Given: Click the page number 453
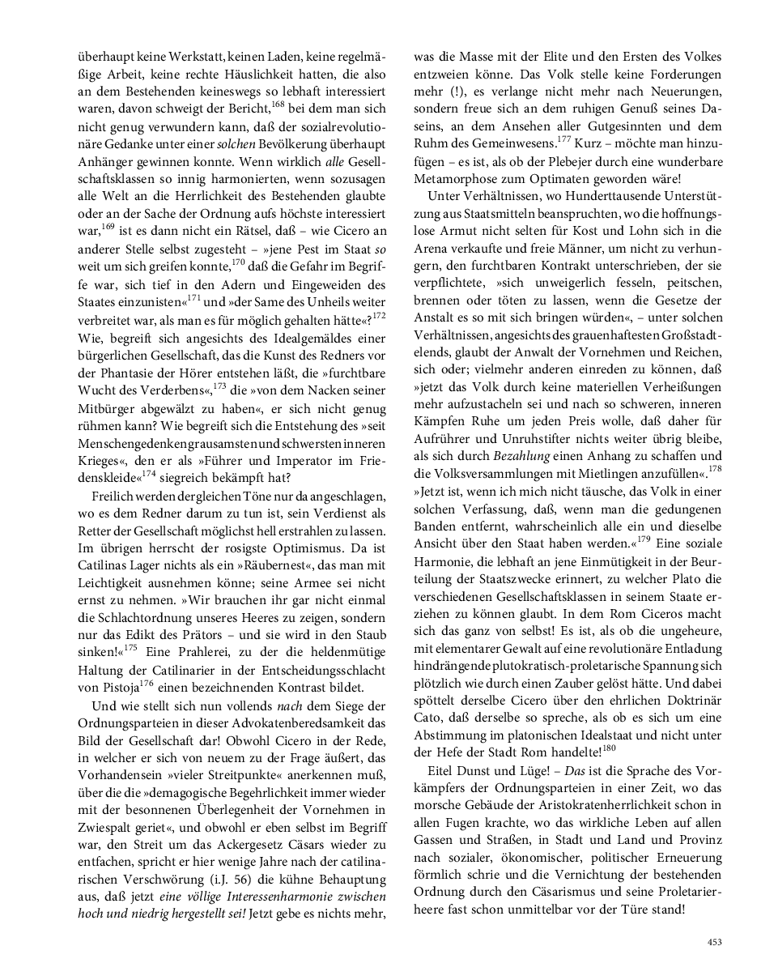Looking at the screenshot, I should click(714, 941).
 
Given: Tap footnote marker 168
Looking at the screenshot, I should click(279, 102).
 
